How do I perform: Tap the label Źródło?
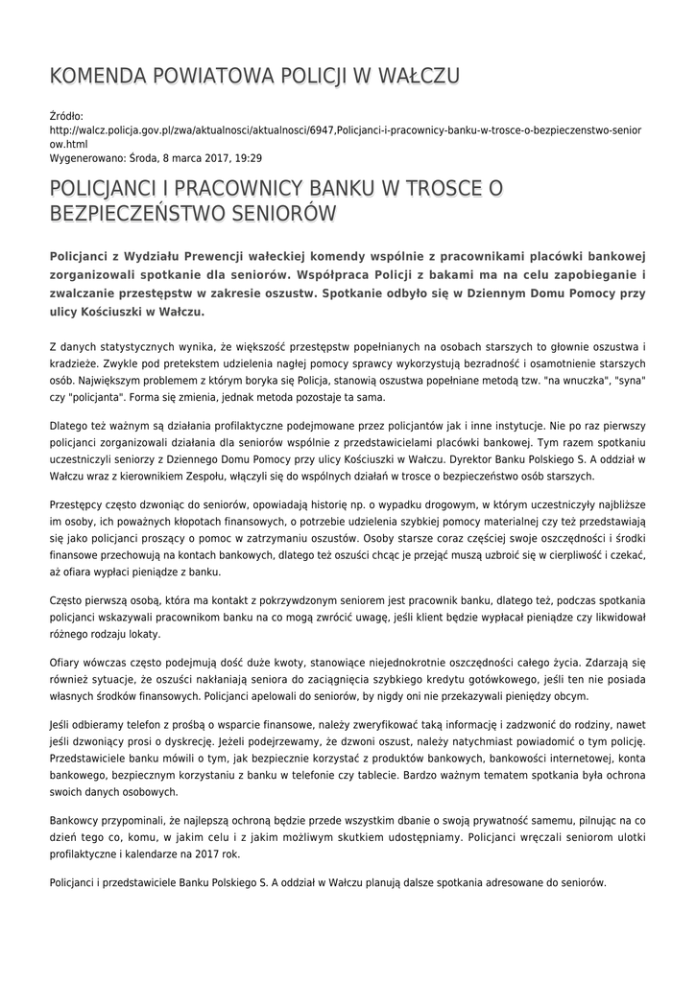66,116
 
